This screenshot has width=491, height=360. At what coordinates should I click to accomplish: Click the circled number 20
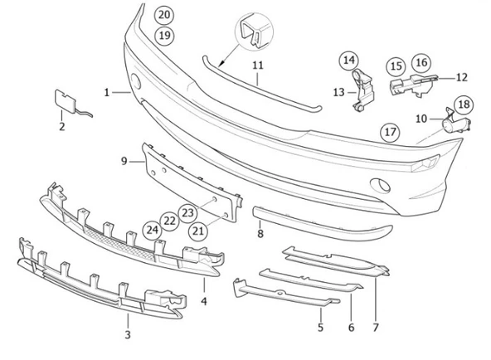(164, 15)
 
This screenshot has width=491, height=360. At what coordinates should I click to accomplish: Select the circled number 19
(164, 35)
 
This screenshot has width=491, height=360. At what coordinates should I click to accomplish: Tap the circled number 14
(348, 60)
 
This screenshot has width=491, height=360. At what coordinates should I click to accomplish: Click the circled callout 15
(396, 64)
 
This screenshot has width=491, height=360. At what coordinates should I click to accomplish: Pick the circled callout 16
(421, 62)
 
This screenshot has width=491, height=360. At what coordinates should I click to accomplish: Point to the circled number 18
(462, 104)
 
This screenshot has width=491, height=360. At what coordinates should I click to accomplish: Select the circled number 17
(389, 131)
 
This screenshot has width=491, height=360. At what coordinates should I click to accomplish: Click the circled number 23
(187, 212)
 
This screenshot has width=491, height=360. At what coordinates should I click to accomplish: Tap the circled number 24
(152, 229)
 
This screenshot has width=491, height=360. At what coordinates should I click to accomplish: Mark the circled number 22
(169, 221)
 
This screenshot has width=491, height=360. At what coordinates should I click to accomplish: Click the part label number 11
(258, 64)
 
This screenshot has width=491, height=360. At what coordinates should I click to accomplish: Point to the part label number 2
(61, 127)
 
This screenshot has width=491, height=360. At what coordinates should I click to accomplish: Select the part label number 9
(124, 161)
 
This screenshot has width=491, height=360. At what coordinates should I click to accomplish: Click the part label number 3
(127, 334)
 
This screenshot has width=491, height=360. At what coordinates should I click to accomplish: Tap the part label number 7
(376, 328)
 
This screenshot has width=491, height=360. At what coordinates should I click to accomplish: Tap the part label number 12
(462, 76)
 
